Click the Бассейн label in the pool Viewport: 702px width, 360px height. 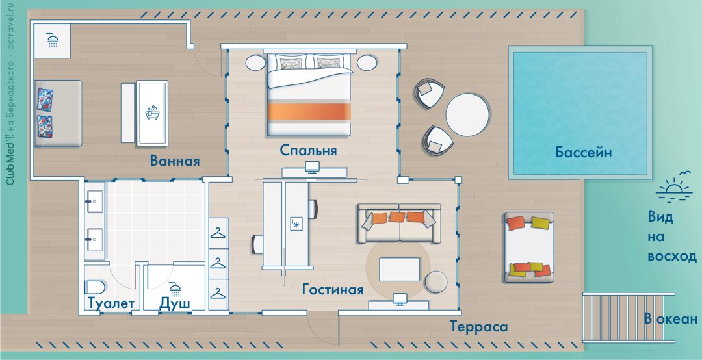click(583, 153)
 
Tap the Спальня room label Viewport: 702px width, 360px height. click(308, 151)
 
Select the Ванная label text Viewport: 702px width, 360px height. click(175, 161)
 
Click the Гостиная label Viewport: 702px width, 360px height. click(333, 289)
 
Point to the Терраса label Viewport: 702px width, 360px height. click(479, 326)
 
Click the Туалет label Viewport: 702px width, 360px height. click(111, 303)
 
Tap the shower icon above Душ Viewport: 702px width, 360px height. click(175, 289)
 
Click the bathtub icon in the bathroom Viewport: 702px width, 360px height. click(151, 112)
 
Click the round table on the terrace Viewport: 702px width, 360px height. click(468, 115)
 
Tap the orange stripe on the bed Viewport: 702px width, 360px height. click(309, 112)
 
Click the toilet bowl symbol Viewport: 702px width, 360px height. click(94, 287)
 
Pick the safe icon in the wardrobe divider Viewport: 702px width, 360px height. click(296, 224)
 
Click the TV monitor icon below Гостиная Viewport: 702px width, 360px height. click(399, 299)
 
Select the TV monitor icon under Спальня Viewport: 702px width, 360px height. click(312, 167)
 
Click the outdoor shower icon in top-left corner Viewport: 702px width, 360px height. click(53, 41)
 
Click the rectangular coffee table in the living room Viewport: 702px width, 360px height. click(399, 269)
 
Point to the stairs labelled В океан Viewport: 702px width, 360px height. click(629, 318)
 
